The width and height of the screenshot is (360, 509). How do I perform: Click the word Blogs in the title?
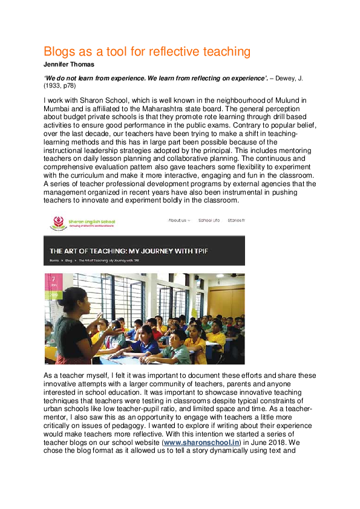pyautogui.click(x=61, y=51)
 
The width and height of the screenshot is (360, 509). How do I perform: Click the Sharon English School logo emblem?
pyautogui.click(x=58, y=224)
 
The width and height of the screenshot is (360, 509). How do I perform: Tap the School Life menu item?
pyautogui.click(x=209, y=221)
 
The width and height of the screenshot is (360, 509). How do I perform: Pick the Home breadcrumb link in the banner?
pyautogui.click(x=54, y=261)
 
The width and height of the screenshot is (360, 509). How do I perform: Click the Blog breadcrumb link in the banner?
pyautogui.click(x=68, y=261)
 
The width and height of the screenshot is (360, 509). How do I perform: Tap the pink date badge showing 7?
pyautogui.click(x=53, y=281)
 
